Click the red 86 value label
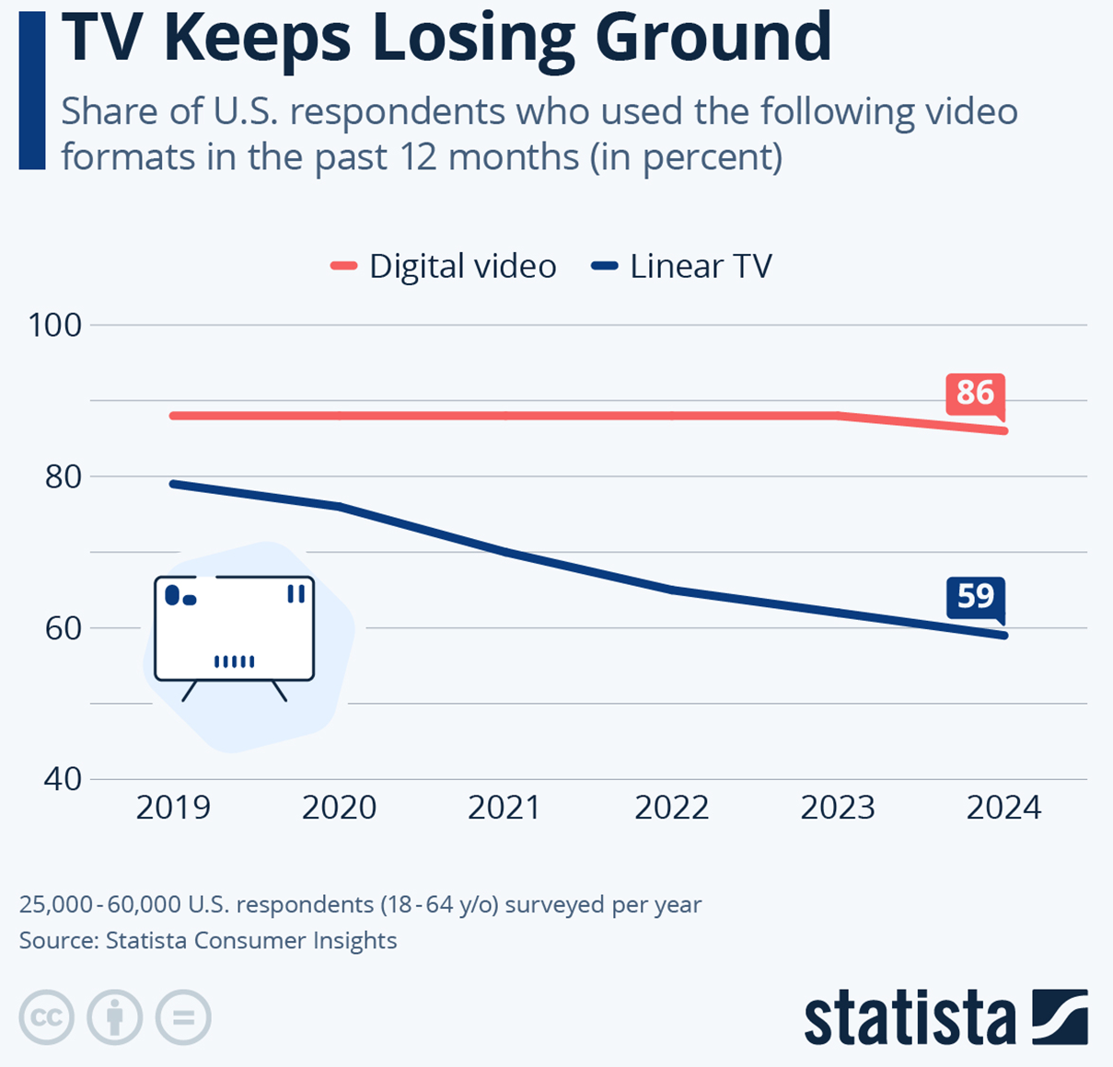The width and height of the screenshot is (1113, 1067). coord(975,393)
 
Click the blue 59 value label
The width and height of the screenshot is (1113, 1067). coord(975,597)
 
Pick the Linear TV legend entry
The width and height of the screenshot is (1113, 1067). coord(682,266)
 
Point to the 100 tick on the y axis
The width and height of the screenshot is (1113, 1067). coord(55,325)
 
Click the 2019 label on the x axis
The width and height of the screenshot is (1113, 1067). coord(173,808)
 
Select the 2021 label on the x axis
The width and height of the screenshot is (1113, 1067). coord(504,808)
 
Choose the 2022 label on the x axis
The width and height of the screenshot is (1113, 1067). coord(671,808)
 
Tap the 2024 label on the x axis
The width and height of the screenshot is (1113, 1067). coord(1003,808)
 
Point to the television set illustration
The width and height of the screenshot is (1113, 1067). coord(234,630)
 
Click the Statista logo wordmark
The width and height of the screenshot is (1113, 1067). coord(910,1018)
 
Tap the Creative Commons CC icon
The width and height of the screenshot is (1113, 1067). coord(46,1018)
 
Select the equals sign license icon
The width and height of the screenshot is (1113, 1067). coord(183,1018)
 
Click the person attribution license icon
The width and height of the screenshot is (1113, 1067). coord(115,1018)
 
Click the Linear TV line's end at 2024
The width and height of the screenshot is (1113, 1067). coord(1004,636)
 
